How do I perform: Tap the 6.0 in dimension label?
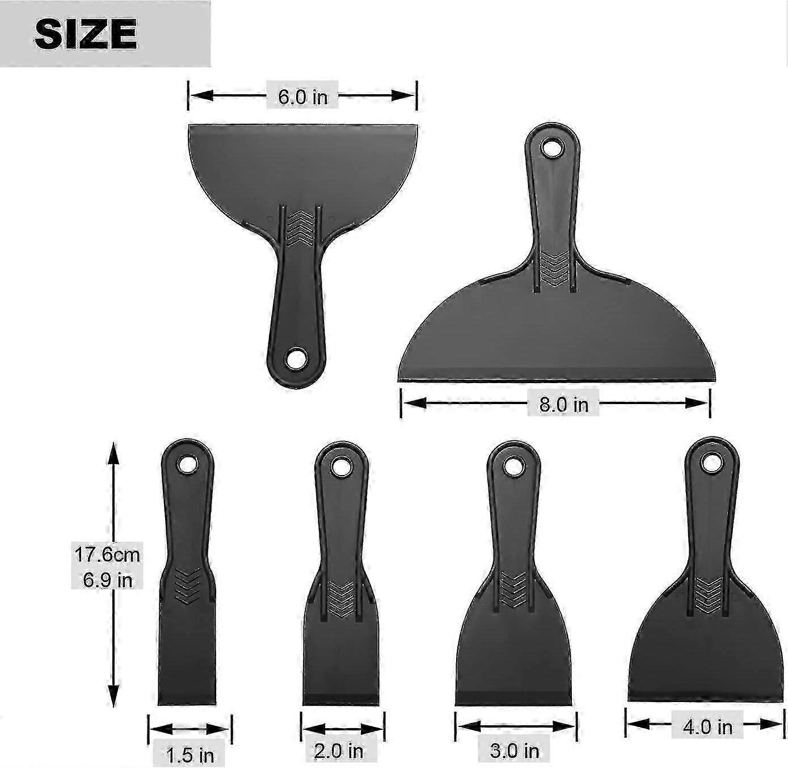pos(302,96)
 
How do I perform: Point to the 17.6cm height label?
pos(107,553)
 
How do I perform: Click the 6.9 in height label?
pos(107,579)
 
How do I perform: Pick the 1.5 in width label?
pos(190,755)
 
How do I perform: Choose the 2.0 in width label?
pos(338,751)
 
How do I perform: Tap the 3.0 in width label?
pos(514,751)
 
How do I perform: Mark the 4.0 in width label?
pos(707,727)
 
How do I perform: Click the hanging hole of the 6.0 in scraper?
pos(296,359)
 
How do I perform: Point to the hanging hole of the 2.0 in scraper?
pos(340,467)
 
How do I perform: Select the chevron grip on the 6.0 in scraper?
pos(299,228)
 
